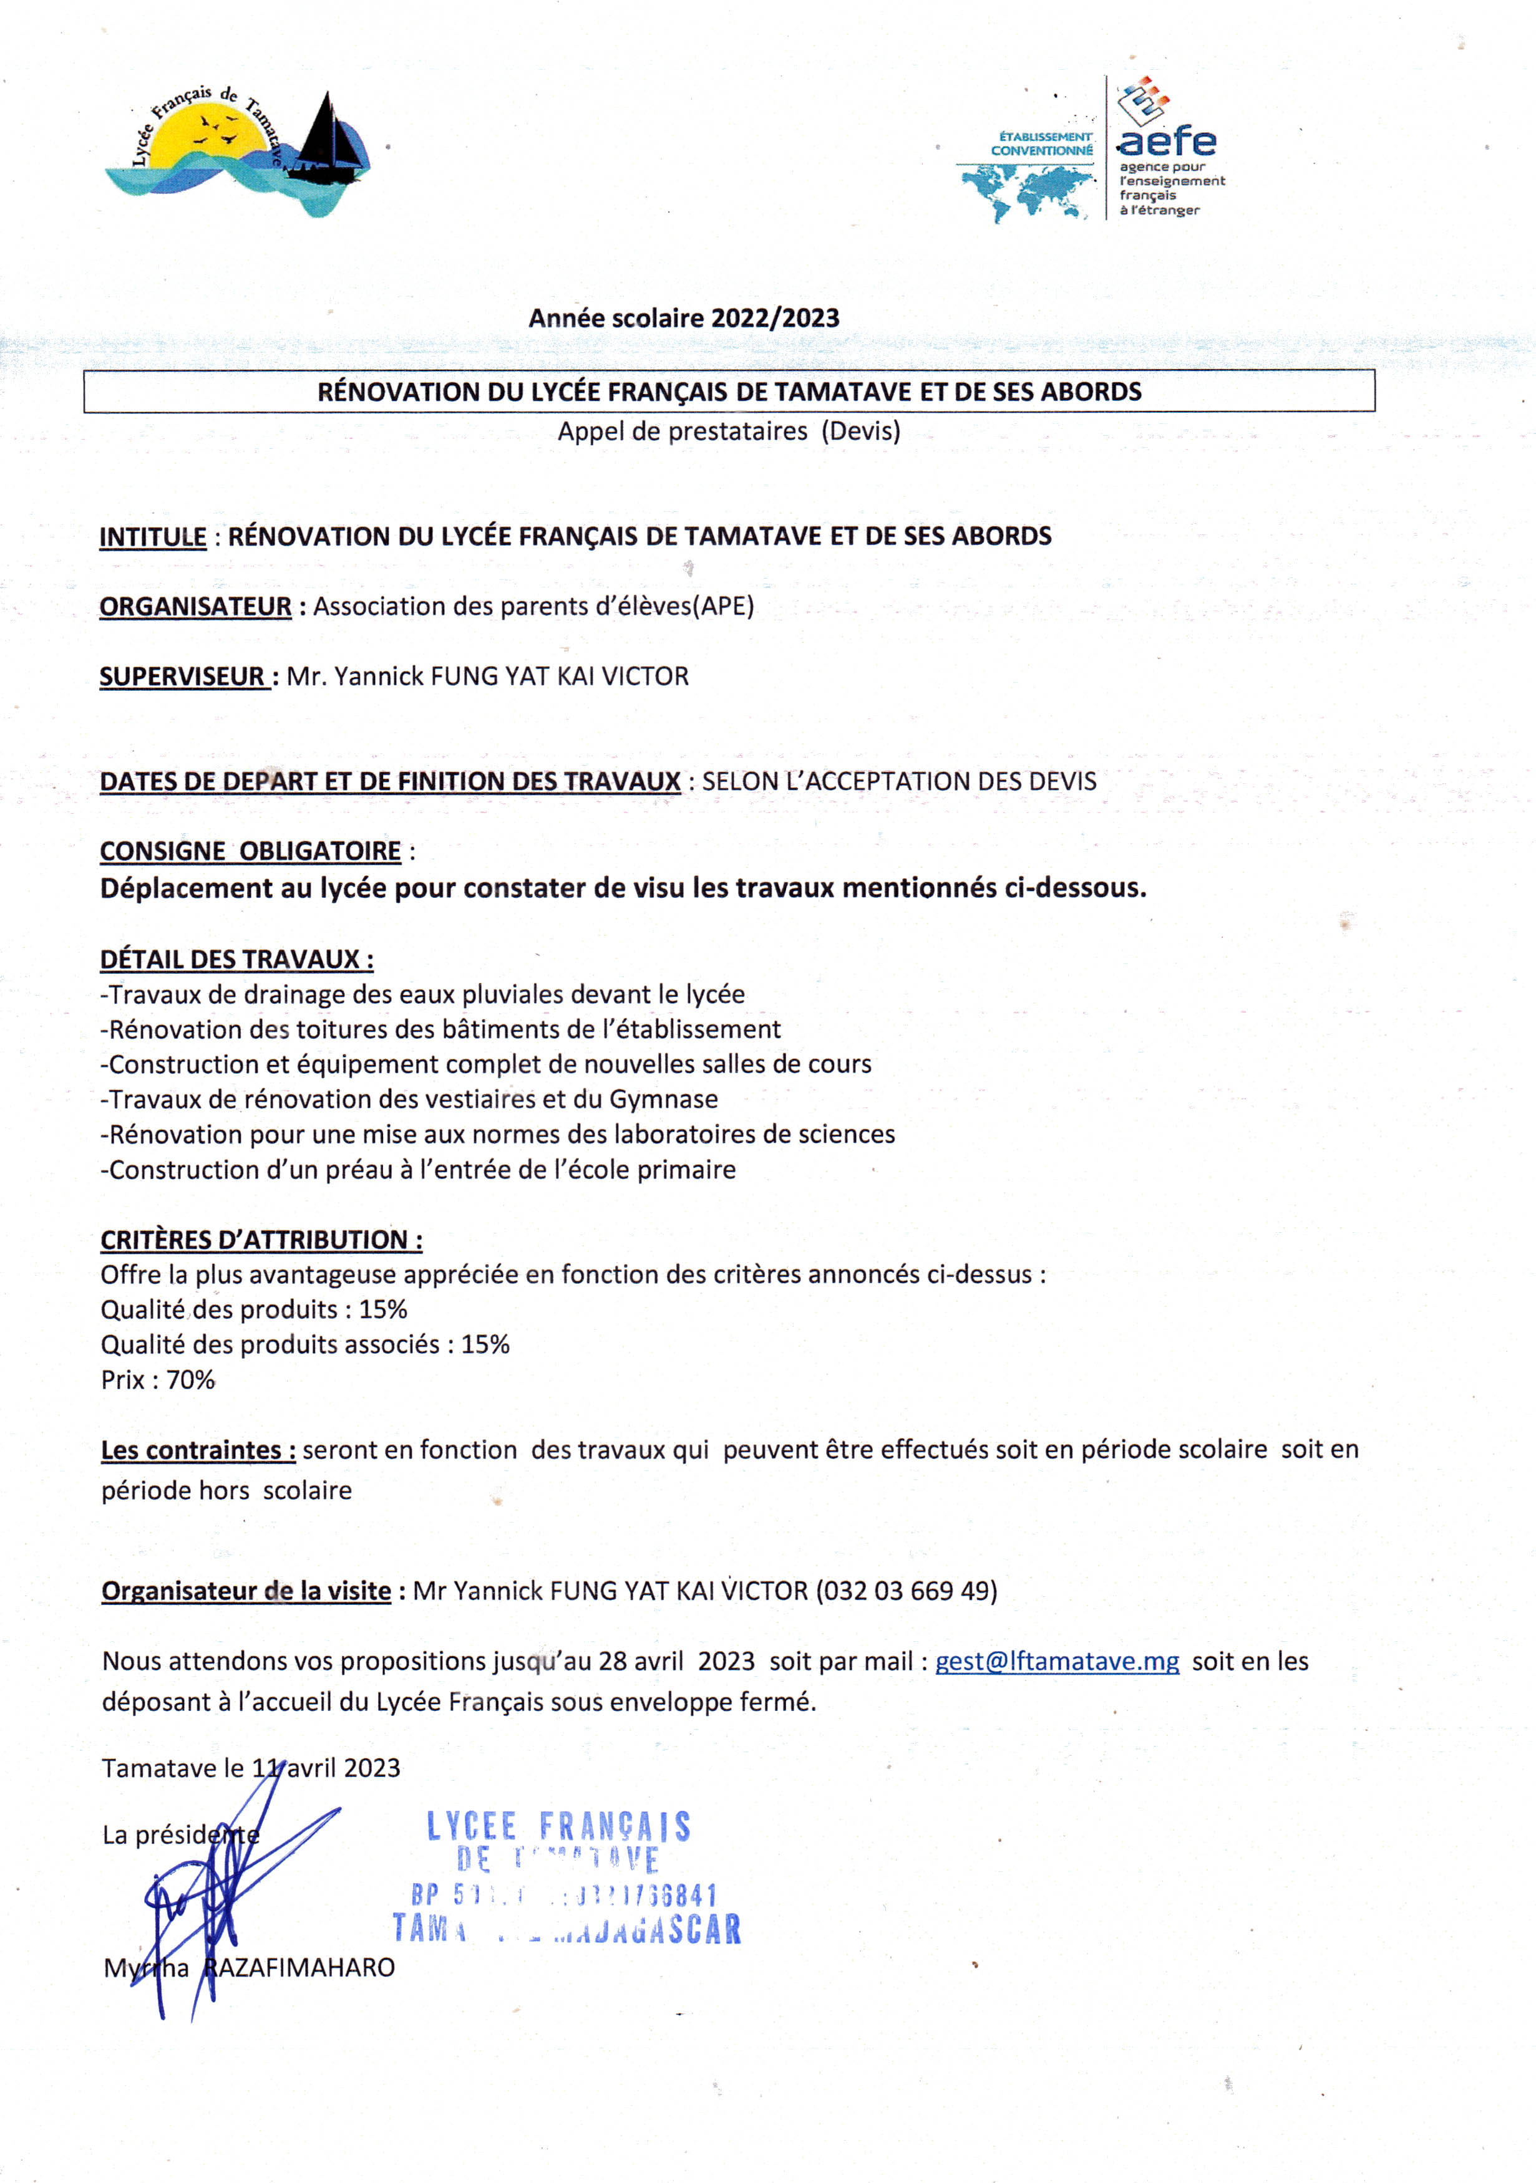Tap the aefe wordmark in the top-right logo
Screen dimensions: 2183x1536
pyautogui.click(x=1166, y=142)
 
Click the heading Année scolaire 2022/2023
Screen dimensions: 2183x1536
pyautogui.click(x=684, y=319)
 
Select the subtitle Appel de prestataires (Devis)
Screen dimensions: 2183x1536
pyautogui.click(x=729, y=431)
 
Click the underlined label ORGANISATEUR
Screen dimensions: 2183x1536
pyautogui.click(x=195, y=607)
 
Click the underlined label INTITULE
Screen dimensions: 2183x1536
pyautogui.click(x=153, y=537)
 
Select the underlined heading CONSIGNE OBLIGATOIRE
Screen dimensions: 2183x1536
pyautogui.click(x=250, y=851)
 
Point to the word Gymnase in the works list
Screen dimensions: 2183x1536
pyautogui.click(x=663, y=1100)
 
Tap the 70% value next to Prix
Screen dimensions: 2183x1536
pyautogui.click(x=191, y=1380)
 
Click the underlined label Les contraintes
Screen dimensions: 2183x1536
pyautogui.click(x=198, y=1451)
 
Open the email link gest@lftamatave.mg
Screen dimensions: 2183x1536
pyautogui.click(x=1057, y=1662)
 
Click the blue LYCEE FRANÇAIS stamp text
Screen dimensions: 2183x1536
pyautogui.click(x=558, y=1826)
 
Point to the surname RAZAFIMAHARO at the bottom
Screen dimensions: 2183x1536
pyautogui.click(x=299, y=1968)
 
